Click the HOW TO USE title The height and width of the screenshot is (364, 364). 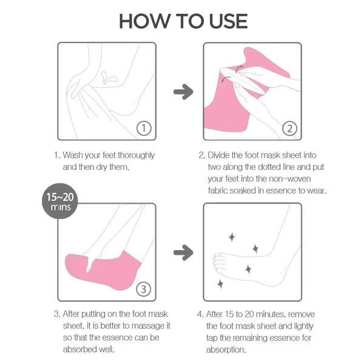pyautogui.click(x=183, y=21)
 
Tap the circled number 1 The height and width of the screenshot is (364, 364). pyautogui.click(x=143, y=128)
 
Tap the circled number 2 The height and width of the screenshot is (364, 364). pyautogui.click(x=289, y=128)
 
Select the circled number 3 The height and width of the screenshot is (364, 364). pyautogui.click(x=143, y=289)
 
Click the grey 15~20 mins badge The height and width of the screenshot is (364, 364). pyautogui.click(x=61, y=203)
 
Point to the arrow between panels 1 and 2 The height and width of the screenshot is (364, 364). pyautogui.click(x=183, y=92)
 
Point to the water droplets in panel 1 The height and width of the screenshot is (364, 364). pyautogui.click(x=110, y=77)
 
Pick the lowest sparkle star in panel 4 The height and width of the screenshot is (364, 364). pyautogui.click(x=220, y=283)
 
